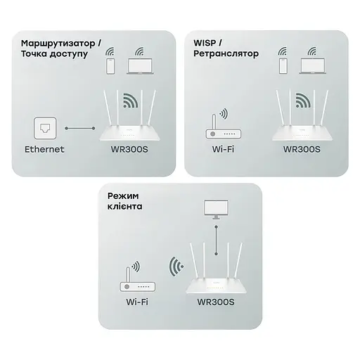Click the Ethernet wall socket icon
(x=44, y=129)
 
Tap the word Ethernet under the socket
(x=44, y=149)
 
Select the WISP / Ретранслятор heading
(x=226, y=48)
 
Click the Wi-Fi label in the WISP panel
(x=217, y=149)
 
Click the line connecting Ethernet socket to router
(x=80, y=129)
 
